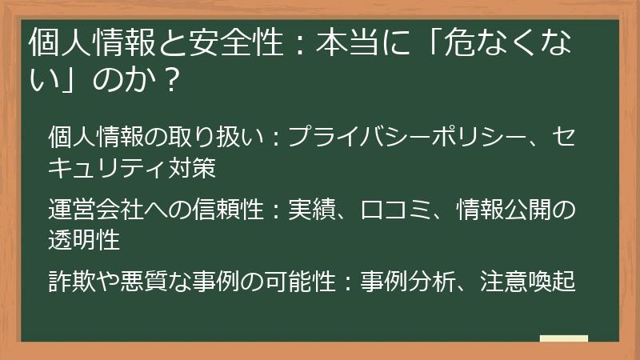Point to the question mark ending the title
[168, 80]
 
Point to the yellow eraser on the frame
[564, 338]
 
